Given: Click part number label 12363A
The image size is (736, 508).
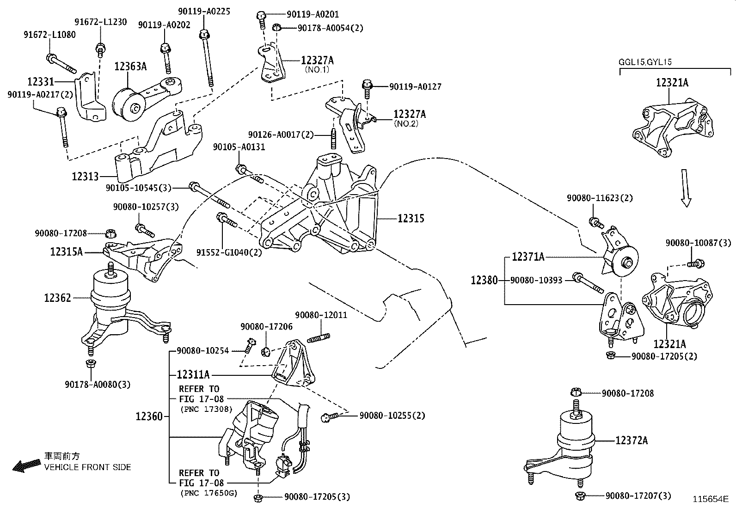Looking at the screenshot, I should pyautogui.click(x=130, y=67).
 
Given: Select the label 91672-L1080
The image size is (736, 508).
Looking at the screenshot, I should pyautogui.click(x=50, y=35).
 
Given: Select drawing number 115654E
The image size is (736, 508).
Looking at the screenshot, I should pyautogui.click(x=710, y=499).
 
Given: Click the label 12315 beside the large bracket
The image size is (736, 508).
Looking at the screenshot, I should pyautogui.click(x=411, y=218).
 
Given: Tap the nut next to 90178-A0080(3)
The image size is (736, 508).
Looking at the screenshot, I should pyautogui.click(x=91, y=363).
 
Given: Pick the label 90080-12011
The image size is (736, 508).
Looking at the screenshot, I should pyautogui.click(x=321, y=315).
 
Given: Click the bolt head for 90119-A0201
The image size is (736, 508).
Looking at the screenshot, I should pyautogui.click(x=261, y=16).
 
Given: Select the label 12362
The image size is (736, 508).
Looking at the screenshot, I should pyautogui.click(x=58, y=298).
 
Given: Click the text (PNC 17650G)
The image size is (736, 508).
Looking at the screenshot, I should pyautogui.click(x=208, y=493).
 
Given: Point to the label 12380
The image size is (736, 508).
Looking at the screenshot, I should pyautogui.click(x=484, y=280).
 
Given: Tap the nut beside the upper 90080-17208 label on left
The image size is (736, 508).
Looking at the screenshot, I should pyautogui.click(x=110, y=233).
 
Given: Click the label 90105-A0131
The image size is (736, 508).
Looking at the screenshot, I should pyautogui.click(x=239, y=147).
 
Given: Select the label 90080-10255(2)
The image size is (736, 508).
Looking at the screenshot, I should pyautogui.click(x=392, y=416).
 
